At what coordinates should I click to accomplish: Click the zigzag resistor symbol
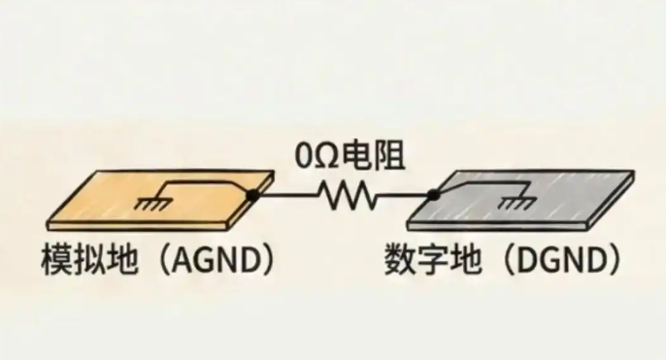[347, 195]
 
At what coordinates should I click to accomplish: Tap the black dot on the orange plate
[252, 195]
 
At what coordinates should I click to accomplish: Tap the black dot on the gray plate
[434, 195]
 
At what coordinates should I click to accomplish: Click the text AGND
[216, 260]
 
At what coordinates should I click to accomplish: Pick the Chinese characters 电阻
[373, 156]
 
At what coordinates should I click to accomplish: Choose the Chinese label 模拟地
[89, 259]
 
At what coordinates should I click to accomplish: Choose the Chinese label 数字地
[434, 259]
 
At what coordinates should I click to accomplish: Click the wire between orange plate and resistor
[287, 195]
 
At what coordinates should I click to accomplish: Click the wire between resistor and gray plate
[402, 195]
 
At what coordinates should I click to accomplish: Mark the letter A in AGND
[183, 260]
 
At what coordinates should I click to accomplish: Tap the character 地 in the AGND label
[122, 259]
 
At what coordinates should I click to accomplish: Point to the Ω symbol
[327, 157]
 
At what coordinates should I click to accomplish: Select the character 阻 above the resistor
[389, 156]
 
